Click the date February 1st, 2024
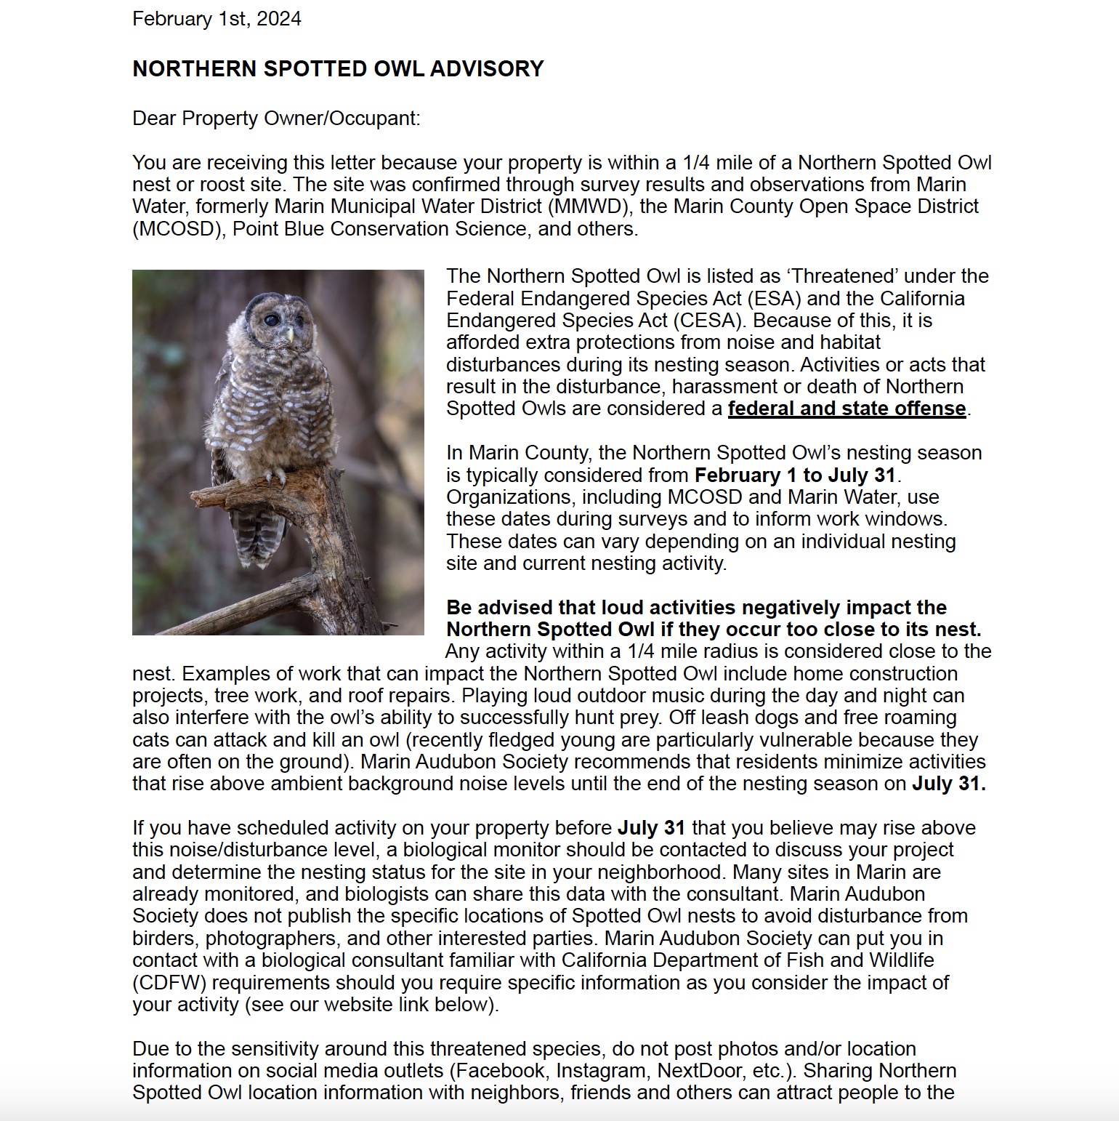pos(217,19)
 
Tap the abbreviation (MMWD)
pos(588,206)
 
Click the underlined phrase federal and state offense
pos(847,409)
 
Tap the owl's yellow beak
pos(291,334)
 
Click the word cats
pos(151,740)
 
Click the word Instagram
pos(601,1071)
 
